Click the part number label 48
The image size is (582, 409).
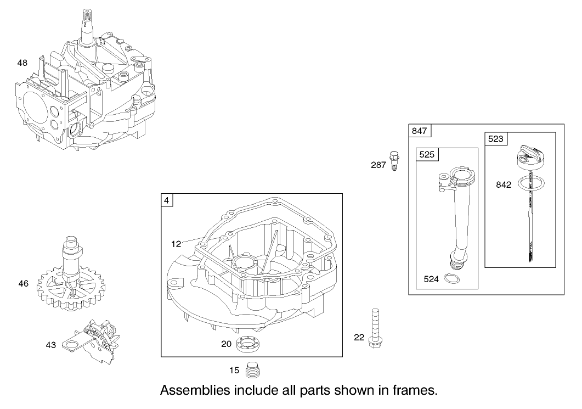(22, 63)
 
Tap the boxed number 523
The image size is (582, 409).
(495, 139)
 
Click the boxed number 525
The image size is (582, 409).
(427, 155)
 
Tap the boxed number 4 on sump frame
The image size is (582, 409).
(166, 200)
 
